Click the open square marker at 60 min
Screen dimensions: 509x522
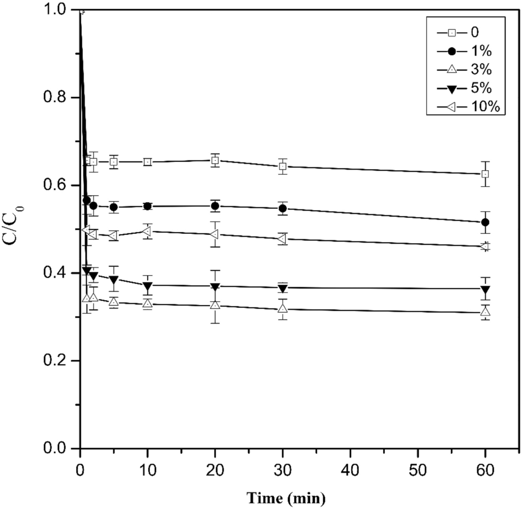[485, 174]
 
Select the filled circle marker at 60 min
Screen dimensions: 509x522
[485, 222]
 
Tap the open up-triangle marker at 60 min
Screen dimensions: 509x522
[485, 312]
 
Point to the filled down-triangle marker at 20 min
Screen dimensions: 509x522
[215, 286]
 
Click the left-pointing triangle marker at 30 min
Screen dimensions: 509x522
[283, 239]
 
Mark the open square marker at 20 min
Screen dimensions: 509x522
[215, 160]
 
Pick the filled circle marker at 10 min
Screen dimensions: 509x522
[148, 206]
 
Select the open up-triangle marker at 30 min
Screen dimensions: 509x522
[283, 308]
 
